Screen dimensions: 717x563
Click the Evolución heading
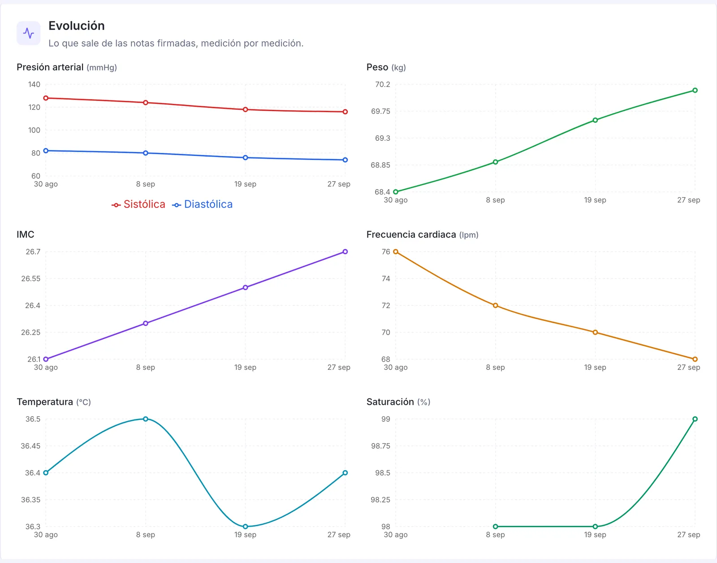pos(77,26)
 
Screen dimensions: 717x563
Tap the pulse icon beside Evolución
pos(29,33)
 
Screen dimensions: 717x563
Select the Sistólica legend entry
pos(138,204)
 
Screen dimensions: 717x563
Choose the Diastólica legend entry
pos(202,204)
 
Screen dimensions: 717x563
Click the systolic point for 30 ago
pos(46,98)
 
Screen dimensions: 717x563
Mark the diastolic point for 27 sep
pos(345,160)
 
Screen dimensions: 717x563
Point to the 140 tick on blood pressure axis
pos(35,84)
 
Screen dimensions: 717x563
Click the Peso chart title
pos(386,67)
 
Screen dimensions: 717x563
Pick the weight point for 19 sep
pos(595,120)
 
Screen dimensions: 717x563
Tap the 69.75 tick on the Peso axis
pos(380,111)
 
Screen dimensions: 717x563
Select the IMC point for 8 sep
pos(146,324)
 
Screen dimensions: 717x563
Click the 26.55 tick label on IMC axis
pos(30,278)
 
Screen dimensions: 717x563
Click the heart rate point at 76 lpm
pos(396,252)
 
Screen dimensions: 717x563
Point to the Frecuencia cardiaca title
pos(422,234)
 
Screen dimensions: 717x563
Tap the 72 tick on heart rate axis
pos(386,306)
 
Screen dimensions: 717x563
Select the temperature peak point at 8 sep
pos(146,419)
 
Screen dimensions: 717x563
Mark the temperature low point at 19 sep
pos(246,526)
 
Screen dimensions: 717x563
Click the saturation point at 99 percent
pos(695,419)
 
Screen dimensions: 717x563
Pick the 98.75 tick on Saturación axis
pos(380,446)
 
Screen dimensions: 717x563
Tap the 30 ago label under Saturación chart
pos(396,535)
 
